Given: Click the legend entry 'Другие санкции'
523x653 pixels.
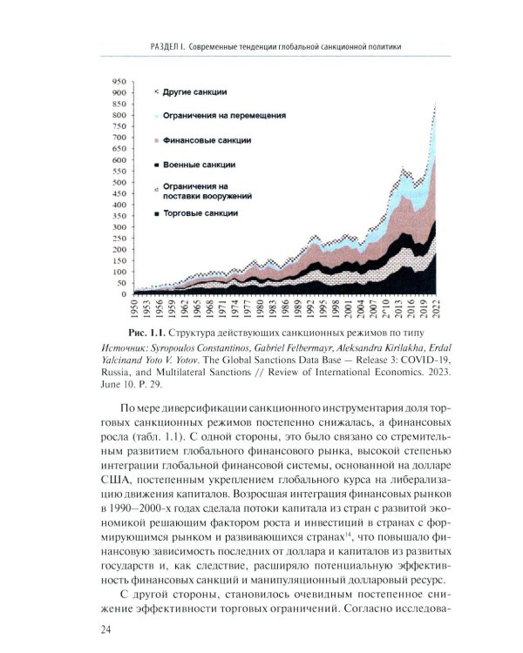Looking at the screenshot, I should click(195, 91).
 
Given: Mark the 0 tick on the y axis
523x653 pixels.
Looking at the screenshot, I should click(126, 294).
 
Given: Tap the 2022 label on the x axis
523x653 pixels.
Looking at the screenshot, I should click(435, 309).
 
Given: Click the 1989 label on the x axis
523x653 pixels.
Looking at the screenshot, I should click(300, 309).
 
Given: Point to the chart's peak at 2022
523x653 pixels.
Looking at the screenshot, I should click(436, 104).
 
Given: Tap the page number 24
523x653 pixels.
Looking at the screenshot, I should click(87, 629).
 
